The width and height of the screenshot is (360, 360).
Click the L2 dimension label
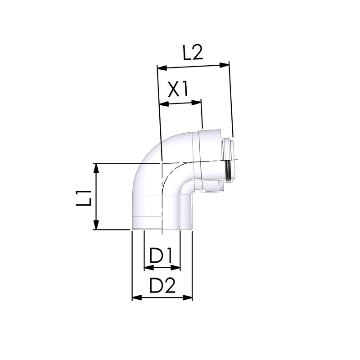click(x=193, y=53)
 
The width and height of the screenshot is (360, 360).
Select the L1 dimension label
click(x=84, y=198)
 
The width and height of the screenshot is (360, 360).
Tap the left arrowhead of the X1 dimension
click(x=164, y=104)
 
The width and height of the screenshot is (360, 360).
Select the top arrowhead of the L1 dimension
click(x=95, y=168)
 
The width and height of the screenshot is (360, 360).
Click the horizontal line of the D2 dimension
click(x=162, y=297)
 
